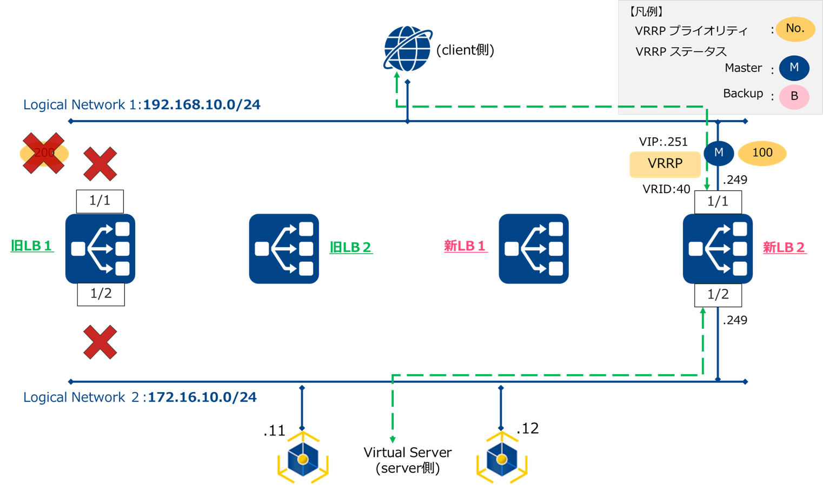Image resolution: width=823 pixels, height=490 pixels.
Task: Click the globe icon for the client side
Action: (x=407, y=49)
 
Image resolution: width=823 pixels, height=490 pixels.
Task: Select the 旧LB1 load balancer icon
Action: (x=100, y=249)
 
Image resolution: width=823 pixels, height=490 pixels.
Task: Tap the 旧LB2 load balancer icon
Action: (x=284, y=249)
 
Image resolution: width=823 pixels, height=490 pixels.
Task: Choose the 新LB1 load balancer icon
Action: (x=534, y=249)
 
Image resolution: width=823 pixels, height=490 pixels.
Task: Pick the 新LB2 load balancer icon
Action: (x=718, y=249)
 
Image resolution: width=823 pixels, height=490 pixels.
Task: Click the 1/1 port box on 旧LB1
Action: (x=100, y=201)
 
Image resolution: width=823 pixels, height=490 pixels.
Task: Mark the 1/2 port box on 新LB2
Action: (x=718, y=295)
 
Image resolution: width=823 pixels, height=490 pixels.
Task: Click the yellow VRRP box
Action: (x=665, y=164)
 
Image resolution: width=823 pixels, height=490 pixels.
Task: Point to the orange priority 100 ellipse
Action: (x=762, y=153)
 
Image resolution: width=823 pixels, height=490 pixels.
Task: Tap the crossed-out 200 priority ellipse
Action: (x=44, y=154)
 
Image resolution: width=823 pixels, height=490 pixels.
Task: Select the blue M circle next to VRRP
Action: (x=719, y=153)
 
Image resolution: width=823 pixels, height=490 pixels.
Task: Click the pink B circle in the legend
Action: (x=794, y=97)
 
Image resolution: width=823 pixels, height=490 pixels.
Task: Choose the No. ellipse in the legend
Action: (x=795, y=29)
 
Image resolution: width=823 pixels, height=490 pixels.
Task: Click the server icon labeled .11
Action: (x=303, y=459)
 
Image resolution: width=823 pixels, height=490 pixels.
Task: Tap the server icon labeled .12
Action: (x=502, y=459)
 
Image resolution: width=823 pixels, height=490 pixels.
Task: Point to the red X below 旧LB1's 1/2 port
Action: (x=100, y=342)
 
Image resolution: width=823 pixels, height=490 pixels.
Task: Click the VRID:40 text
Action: (x=666, y=189)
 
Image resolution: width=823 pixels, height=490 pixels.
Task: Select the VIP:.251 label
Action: (x=663, y=142)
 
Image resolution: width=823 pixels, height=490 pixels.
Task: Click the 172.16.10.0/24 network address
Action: (x=202, y=398)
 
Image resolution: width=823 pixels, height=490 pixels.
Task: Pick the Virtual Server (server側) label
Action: (x=407, y=460)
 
